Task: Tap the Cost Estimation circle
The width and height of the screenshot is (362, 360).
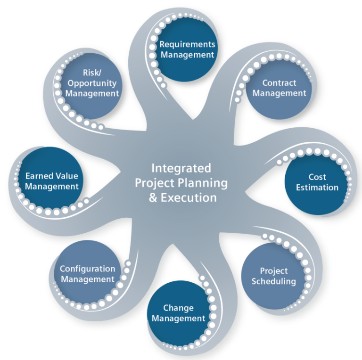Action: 317,183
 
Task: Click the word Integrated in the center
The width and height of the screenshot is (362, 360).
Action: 181,168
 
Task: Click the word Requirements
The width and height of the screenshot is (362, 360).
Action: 187,44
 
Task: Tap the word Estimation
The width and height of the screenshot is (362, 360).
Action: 317,188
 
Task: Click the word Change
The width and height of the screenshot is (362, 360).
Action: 178,308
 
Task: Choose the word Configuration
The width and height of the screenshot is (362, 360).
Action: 87,269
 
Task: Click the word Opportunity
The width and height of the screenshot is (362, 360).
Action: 92,83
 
